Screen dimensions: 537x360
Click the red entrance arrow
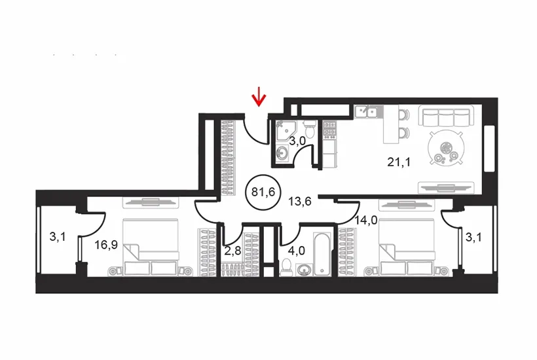(259, 96)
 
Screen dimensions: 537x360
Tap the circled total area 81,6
(263, 192)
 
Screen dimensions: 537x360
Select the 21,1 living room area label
(399, 162)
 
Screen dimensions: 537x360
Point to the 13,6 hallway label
(299, 202)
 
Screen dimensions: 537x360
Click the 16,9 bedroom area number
(106, 245)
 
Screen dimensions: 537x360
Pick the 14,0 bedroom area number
(366, 221)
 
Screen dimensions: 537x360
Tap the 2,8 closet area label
(233, 251)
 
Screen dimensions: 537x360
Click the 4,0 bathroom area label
(296, 251)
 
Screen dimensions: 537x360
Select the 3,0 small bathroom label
(297, 141)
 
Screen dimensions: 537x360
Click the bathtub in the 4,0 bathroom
(322, 253)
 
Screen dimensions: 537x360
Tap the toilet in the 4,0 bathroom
(286, 267)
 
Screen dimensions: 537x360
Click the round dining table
(446, 149)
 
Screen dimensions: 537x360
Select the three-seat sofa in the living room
(446, 117)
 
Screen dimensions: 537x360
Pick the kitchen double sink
(367, 111)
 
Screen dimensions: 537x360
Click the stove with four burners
(330, 130)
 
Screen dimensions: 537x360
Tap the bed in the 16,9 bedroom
(151, 247)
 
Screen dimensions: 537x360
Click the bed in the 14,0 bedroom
(407, 247)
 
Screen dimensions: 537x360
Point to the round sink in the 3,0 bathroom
(282, 153)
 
